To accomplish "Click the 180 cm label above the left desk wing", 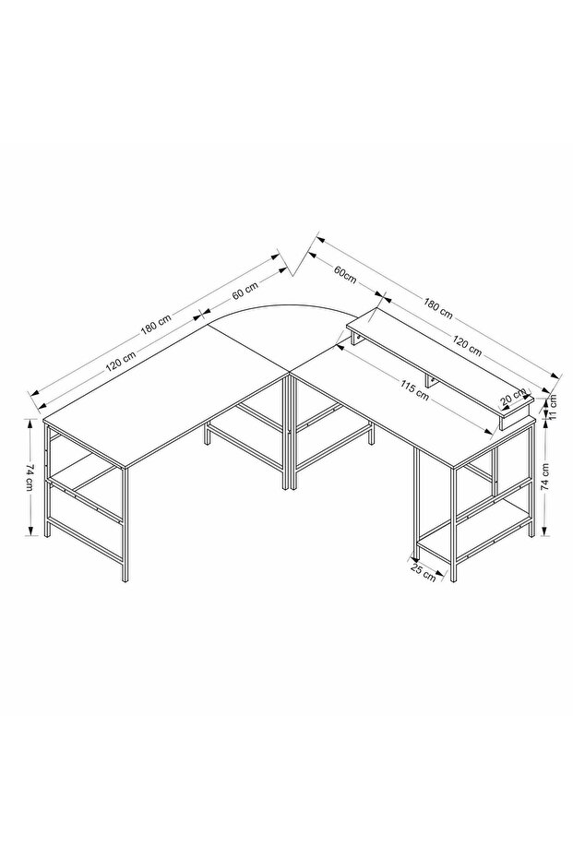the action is (156, 323).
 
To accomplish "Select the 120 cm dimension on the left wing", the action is (121, 360).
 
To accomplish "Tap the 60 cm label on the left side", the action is (245, 290).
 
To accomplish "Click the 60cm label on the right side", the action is (345, 273).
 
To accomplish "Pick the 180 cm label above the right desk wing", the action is (437, 308).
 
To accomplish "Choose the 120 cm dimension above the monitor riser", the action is (467, 346).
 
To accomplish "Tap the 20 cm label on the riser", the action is (513, 398).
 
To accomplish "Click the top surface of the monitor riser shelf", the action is (438, 361).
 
